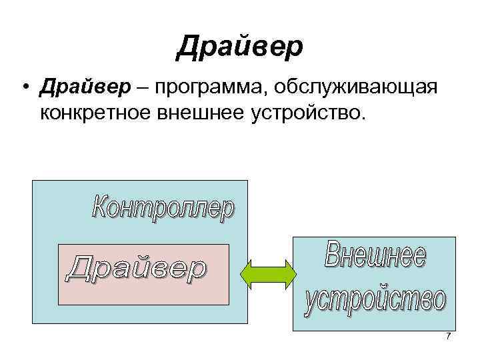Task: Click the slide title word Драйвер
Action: [240, 47]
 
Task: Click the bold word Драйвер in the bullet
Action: [78, 87]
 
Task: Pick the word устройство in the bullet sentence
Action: [306, 114]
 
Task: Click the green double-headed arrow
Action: [267, 274]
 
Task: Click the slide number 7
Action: [449, 336]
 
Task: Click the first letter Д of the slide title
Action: [187, 47]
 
